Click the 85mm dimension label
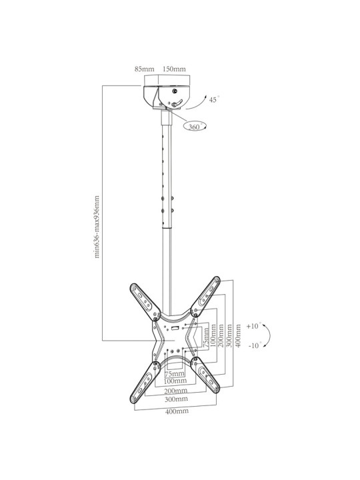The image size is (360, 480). click(144, 69)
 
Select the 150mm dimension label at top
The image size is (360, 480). click(174, 69)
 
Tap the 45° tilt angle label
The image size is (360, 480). click(214, 99)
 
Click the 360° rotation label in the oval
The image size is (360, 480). click(195, 126)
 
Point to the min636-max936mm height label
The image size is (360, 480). click(97, 227)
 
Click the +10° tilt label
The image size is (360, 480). click(254, 326)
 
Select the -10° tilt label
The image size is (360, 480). click(255, 345)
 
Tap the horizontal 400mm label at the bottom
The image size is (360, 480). click(177, 411)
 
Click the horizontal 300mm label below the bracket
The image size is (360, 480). click(176, 399)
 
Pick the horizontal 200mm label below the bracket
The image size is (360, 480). click(176, 391)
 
